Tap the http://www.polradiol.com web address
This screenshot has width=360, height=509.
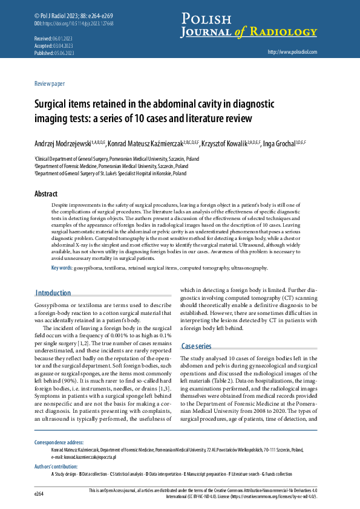click(x=292, y=52)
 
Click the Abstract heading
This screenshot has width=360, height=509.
click(x=46, y=194)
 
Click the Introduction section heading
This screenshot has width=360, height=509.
click(x=53, y=293)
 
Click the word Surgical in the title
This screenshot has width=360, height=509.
click(x=51, y=104)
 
